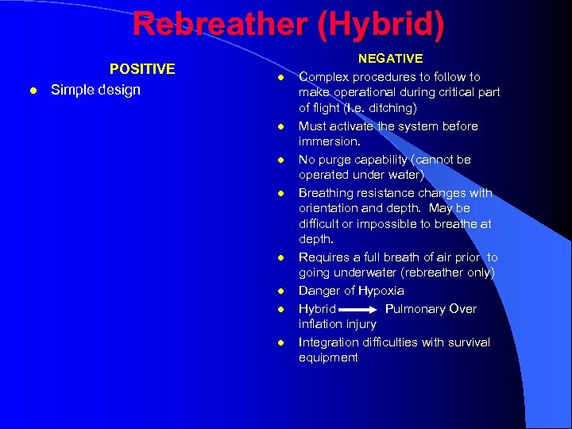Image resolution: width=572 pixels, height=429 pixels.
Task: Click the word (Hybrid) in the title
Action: coord(381,24)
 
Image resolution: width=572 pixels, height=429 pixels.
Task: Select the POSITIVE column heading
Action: coord(142,69)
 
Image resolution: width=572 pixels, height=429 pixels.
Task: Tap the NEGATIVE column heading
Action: coord(390,59)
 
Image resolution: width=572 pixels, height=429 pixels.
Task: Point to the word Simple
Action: coord(73,90)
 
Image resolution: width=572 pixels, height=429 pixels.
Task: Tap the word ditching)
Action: coord(392,107)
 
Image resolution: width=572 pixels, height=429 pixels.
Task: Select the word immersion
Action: coord(328,141)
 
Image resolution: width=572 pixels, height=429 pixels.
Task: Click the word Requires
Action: coord(325,257)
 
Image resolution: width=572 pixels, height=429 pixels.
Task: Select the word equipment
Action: coord(328,357)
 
